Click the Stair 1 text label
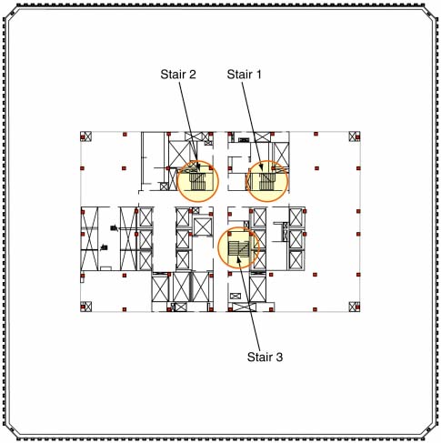click(244, 75)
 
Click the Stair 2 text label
click(178, 75)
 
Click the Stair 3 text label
click(265, 357)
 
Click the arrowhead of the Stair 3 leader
click(238, 258)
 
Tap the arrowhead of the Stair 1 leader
click(262, 168)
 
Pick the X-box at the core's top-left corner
click(85, 136)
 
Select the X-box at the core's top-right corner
click(355, 136)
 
